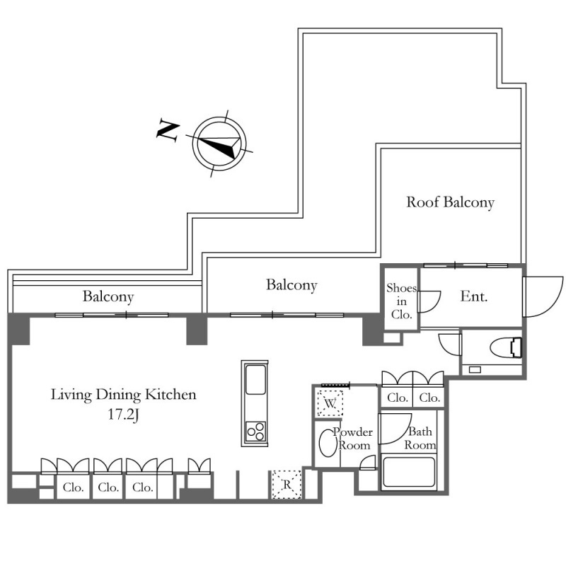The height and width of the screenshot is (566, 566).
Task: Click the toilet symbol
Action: pyautogui.click(x=506, y=347)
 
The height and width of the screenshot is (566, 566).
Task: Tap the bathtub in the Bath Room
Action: pyautogui.click(x=409, y=473)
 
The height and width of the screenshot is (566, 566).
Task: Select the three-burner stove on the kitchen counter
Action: pyautogui.click(x=255, y=431)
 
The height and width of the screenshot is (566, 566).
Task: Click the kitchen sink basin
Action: pyautogui.click(x=255, y=379)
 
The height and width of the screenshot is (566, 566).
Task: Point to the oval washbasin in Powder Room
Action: pyautogui.click(x=328, y=443)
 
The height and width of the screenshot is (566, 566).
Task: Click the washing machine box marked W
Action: pyautogui.click(x=330, y=403)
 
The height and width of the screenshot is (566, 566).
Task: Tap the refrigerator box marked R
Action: pyautogui.click(x=287, y=485)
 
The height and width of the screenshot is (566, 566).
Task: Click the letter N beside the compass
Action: pyautogui.click(x=168, y=129)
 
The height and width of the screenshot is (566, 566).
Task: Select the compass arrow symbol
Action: pyautogui.click(x=219, y=144)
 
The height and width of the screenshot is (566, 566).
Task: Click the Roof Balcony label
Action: pyautogui.click(x=450, y=202)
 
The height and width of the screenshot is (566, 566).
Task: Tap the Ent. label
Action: pyautogui.click(x=474, y=296)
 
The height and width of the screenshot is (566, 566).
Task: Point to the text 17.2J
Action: pyautogui.click(x=123, y=415)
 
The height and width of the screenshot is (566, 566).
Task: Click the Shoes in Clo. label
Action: pyautogui.click(x=401, y=301)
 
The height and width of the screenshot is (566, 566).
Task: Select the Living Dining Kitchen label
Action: pyautogui.click(x=123, y=395)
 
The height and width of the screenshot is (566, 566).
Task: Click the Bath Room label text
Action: pyautogui.click(x=420, y=438)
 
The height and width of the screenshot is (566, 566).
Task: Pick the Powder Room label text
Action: pyautogui.click(x=352, y=438)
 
